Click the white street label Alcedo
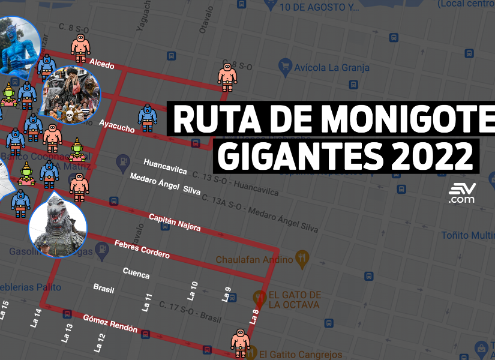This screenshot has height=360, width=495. click(101, 64)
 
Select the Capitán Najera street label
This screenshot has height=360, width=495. click(175, 222)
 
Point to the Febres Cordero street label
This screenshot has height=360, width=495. click(142, 249)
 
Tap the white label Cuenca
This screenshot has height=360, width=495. click(136, 273)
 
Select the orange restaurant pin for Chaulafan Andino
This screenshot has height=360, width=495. click(302, 260)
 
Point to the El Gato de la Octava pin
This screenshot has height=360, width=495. click(259, 296)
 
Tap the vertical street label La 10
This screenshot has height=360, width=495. click(193, 290)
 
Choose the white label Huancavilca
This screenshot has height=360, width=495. click(165, 167)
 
